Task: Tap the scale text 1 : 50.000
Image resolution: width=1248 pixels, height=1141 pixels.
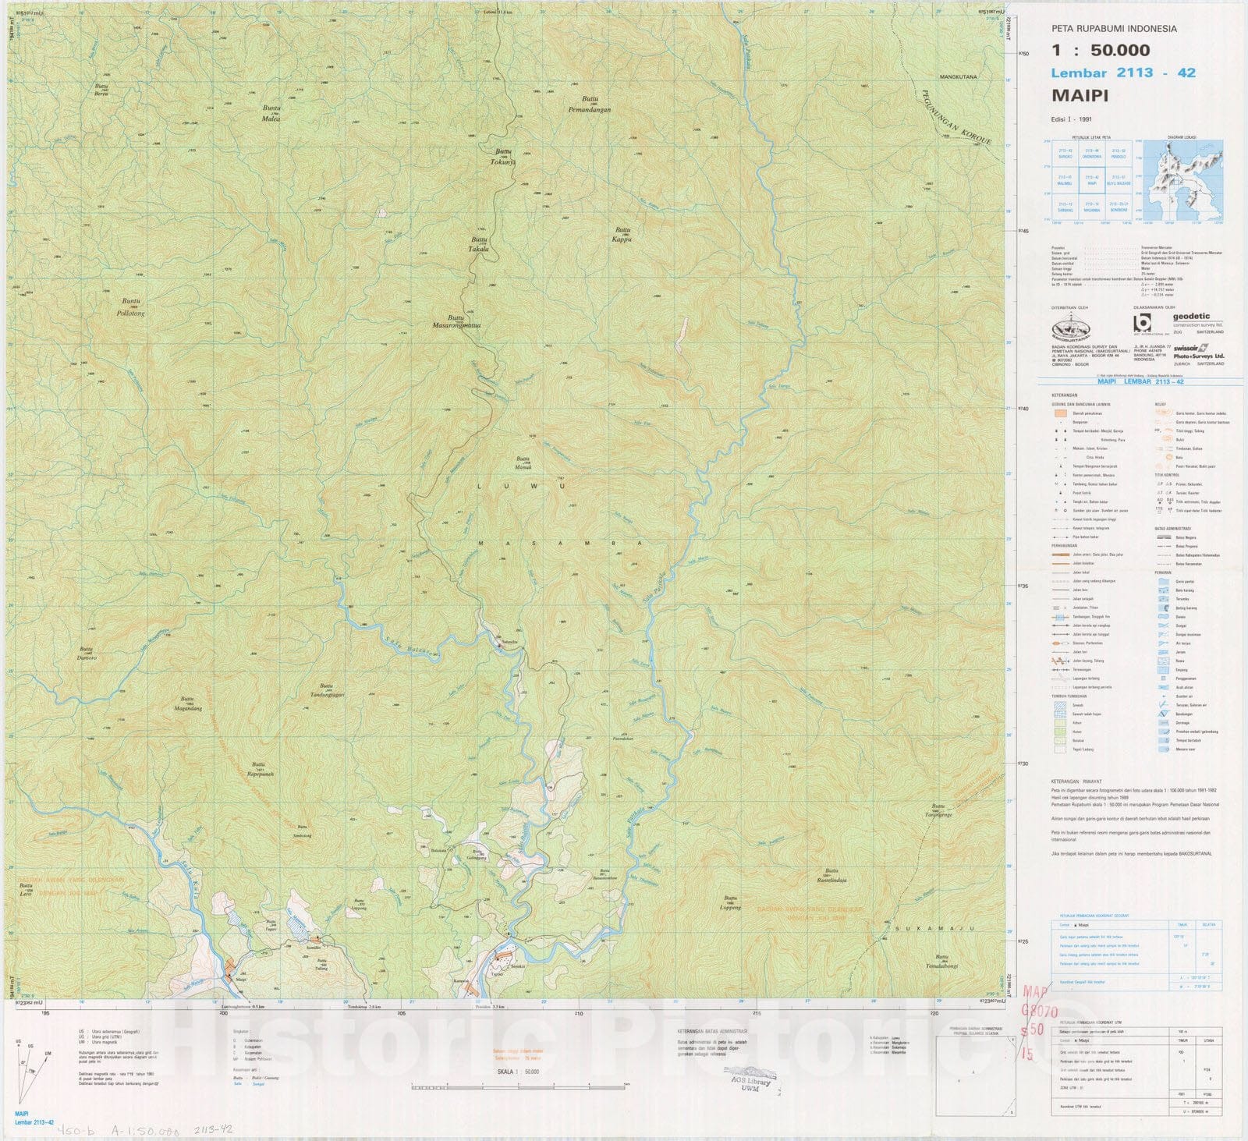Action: [x=1101, y=51]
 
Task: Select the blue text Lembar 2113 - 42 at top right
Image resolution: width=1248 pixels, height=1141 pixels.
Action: [x=1123, y=73]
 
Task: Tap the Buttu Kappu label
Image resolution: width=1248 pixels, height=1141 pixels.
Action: [x=622, y=236]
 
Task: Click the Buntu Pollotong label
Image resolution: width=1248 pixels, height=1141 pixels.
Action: [x=130, y=307]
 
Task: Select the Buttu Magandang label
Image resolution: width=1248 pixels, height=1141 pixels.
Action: [x=186, y=703]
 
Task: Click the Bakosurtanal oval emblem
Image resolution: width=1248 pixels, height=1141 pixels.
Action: [x=1080, y=327]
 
